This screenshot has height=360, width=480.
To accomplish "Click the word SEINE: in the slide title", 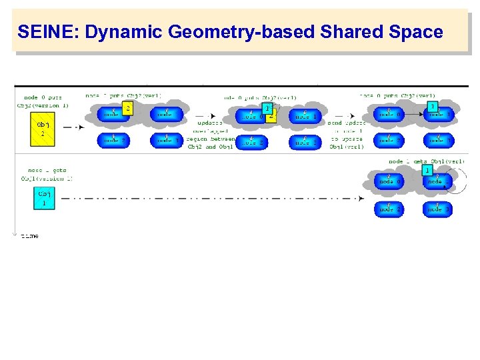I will [44, 31].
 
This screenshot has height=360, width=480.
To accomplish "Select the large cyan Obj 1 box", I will [44, 198].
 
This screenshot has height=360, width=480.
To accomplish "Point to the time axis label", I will [29, 235].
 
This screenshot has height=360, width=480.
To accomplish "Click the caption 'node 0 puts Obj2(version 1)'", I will [43, 101].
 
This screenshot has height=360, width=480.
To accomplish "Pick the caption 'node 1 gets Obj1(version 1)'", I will [47, 175].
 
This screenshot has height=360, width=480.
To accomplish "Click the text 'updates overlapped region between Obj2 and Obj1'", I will [211, 135].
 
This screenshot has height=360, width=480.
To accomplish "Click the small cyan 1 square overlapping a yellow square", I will [267, 108].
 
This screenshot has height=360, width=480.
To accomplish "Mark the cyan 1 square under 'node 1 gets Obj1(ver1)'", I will [427, 171].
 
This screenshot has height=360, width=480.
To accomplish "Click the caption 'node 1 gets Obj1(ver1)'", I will [427, 161].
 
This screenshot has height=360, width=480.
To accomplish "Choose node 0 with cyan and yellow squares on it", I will [251, 117].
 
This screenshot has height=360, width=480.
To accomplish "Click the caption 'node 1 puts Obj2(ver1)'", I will [123, 96].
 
